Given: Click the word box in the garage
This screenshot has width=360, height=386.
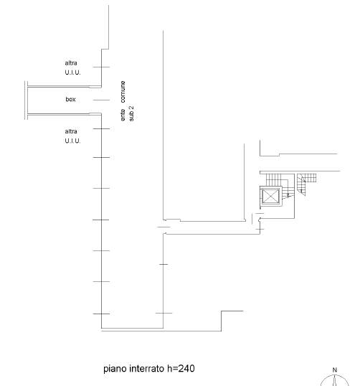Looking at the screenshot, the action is pyautogui.click(x=70, y=100).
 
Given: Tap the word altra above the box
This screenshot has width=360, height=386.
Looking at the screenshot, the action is pyautogui.click(x=71, y=63).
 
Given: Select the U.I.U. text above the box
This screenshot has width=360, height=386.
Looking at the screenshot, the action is pyautogui.click(x=72, y=72).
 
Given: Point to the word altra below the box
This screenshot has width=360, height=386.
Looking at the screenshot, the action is pyautogui.click(x=71, y=131).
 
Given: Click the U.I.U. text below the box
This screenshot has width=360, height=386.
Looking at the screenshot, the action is pyautogui.click(x=72, y=141).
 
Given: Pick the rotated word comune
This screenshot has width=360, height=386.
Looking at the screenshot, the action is pyautogui.click(x=123, y=92).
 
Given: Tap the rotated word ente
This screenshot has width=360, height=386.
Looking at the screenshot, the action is pyautogui.click(x=123, y=116).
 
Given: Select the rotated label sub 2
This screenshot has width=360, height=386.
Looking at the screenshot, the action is pyautogui.click(x=132, y=113).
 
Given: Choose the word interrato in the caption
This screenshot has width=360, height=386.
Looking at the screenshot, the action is pyautogui.click(x=147, y=369).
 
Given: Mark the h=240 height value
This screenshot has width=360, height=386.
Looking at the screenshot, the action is pyautogui.click(x=181, y=369).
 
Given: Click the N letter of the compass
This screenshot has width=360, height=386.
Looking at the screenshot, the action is pyautogui.click(x=335, y=370).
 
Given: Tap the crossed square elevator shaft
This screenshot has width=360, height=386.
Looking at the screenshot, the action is pyautogui.click(x=270, y=196).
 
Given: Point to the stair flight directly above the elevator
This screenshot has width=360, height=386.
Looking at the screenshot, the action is pyautogui.click(x=273, y=179).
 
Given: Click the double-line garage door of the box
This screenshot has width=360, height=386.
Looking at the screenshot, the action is pyautogui.click(x=26, y=100).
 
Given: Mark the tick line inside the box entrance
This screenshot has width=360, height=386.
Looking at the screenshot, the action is pyautogui.click(x=101, y=100).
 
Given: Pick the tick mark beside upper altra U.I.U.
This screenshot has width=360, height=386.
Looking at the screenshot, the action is pyautogui.click(x=101, y=67).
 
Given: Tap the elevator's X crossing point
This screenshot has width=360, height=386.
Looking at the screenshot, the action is pyautogui.click(x=270, y=196).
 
